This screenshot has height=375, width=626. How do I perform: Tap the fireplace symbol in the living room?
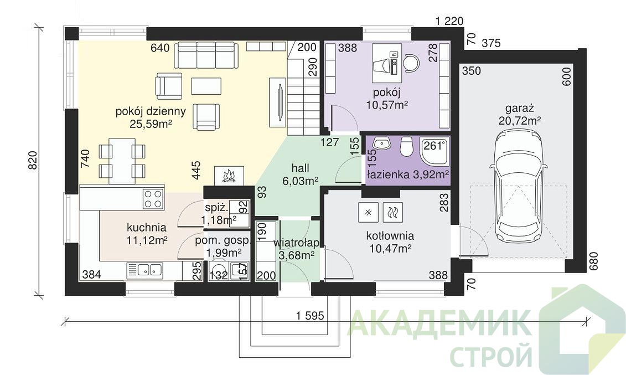click(x=229, y=176)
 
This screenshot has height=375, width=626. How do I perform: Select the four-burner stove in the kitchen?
click(x=153, y=198)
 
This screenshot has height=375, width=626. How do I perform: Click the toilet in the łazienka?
click(x=406, y=147)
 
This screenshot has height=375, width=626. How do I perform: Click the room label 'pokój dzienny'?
click(x=151, y=111)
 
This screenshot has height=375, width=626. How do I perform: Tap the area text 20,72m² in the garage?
click(x=520, y=120)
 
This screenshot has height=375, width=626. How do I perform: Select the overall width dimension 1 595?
click(x=310, y=316)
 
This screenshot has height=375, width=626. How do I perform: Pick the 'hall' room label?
click(x=300, y=168)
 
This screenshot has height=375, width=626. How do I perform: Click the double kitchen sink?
click(x=144, y=270)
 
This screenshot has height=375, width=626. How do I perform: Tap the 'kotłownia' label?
click(x=390, y=235)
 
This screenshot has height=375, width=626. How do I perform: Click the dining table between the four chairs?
click(x=122, y=161)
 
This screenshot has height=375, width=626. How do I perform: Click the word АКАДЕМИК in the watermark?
click(x=438, y=323)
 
